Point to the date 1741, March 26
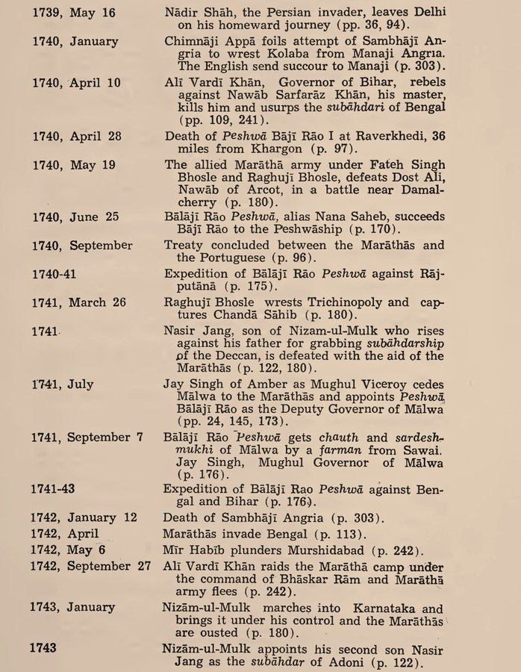78,302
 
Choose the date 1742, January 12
84,517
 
